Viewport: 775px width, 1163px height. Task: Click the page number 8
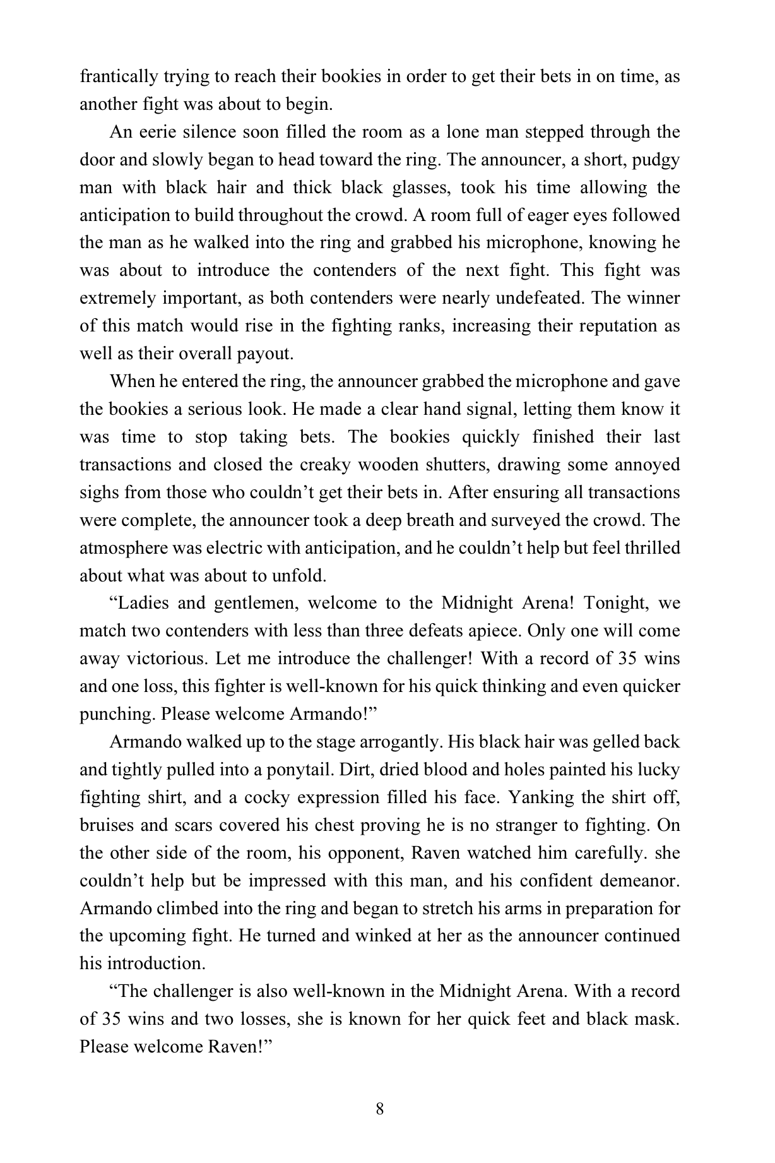[379, 1109]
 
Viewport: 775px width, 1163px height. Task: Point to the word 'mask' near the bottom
[655, 1019]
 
